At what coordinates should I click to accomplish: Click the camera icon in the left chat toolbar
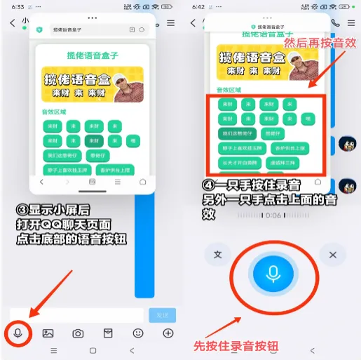(x=79, y=333)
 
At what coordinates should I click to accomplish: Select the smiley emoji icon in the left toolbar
(x=138, y=333)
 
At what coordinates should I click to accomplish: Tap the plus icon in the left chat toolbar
(x=168, y=333)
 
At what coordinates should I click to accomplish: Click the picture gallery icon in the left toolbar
(x=48, y=333)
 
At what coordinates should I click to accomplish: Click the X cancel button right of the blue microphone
(x=333, y=255)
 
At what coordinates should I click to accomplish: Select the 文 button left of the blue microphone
(x=218, y=255)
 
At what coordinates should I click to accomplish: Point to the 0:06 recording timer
(x=273, y=215)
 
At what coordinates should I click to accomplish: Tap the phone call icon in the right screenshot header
(x=335, y=22)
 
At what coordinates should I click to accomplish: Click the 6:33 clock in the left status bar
(x=18, y=6)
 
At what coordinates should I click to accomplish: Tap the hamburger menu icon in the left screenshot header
(x=171, y=22)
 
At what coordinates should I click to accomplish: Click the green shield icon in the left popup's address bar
(x=39, y=29)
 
